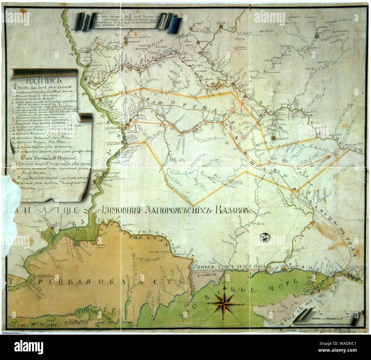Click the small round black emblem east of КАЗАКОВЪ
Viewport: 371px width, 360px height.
pyautogui.click(x=265, y=236)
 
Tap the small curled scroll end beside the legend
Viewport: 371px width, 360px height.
pyautogui.click(x=85, y=117)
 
